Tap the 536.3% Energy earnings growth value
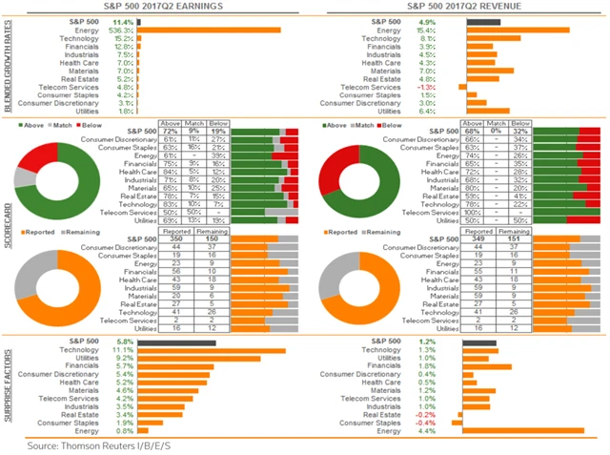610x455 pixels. pyautogui.click(x=121, y=30)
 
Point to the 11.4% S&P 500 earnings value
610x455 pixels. pyautogui.click(x=123, y=20)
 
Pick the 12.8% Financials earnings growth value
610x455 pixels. pyautogui.click(x=123, y=46)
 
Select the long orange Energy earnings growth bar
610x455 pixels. pyautogui.click(x=209, y=30)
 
